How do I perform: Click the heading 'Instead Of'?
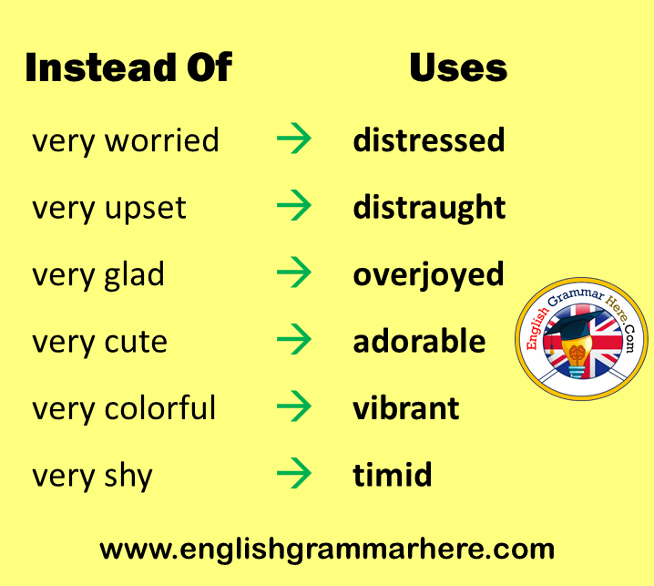(x=128, y=67)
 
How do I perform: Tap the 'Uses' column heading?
(x=458, y=67)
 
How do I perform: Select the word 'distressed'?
(x=429, y=139)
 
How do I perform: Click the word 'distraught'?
(x=429, y=208)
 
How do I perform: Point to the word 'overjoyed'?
(x=428, y=275)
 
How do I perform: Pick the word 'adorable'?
(x=419, y=341)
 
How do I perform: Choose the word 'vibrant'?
(x=406, y=407)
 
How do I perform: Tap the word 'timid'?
(x=392, y=475)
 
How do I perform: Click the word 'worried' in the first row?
(x=161, y=140)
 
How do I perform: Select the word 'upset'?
(x=145, y=209)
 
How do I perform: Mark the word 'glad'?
(x=134, y=275)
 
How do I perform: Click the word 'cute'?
(x=136, y=343)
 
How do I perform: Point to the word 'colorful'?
(x=159, y=407)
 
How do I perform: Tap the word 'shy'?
(x=128, y=477)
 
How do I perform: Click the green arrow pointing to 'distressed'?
(x=293, y=139)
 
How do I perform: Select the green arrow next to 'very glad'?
(x=293, y=272)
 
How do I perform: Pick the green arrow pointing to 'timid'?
(x=293, y=473)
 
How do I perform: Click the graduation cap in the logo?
(x=574, y=324)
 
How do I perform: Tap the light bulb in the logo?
(x=577, y=355)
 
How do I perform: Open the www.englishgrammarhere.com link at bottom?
(x=327, y=550)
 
